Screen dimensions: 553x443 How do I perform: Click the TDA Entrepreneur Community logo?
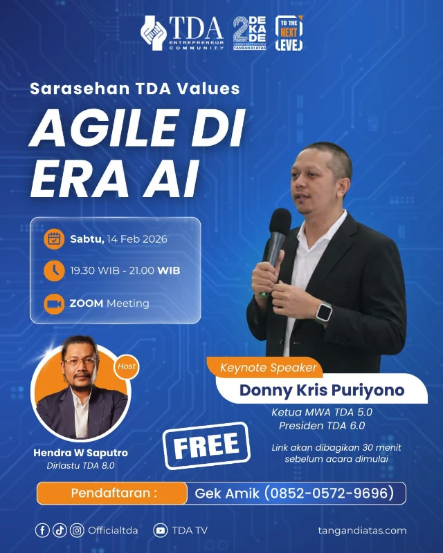(182, 32)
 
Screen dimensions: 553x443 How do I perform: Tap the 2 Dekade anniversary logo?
(249, 32)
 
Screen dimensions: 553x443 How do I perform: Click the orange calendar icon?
(53, 239)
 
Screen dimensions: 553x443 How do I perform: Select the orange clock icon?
(53, 270)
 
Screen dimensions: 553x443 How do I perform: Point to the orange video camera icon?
(53, 303)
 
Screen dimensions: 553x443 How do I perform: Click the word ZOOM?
(87, 303)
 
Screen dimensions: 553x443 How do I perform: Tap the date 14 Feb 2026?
(137, 239)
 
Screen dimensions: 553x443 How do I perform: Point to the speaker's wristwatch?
(323, 312)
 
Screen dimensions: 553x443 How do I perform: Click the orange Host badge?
(126, 366)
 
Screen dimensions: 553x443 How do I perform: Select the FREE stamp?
(206, 446)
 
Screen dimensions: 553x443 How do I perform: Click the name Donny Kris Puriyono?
(322, 390)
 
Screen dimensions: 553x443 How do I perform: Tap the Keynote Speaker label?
(269, 368)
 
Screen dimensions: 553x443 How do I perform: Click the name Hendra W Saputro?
(80, 453)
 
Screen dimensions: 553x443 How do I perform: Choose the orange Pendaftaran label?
(112, 494)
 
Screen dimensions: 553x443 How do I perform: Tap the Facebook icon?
(43, 530)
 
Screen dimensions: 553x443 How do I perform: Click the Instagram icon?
(77, 530)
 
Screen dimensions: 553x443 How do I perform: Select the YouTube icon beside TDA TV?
(161, 530)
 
